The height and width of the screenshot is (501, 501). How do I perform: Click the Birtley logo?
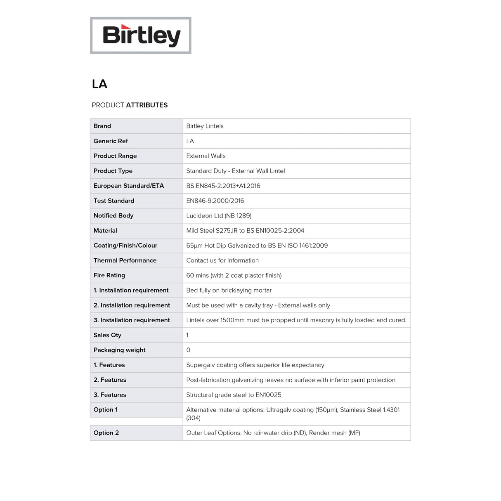point(141,35)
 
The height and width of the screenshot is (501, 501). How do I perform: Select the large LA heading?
point(99,84)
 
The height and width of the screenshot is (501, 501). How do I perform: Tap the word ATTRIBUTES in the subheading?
point(147,105)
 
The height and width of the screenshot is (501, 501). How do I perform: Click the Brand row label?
point(102,126)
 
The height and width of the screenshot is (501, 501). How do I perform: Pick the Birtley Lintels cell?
point(205,126)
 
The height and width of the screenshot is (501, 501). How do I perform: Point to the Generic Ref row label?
point(111,141)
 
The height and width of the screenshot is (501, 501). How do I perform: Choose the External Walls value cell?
point(206,156)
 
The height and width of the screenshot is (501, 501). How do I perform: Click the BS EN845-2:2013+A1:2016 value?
point(223,186)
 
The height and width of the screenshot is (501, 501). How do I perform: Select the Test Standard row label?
point(114,201)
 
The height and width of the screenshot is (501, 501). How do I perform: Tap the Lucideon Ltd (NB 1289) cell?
point(219,215)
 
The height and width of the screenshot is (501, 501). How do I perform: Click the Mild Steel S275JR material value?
point(245,231)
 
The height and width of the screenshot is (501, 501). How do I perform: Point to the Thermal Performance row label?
point(125,260)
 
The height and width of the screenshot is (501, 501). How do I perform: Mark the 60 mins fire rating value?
point(234,275)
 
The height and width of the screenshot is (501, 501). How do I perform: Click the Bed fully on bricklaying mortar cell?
point(229,290)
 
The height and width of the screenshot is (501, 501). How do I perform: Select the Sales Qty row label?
point(107,335)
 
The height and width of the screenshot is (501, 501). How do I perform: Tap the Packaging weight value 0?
point(188,350)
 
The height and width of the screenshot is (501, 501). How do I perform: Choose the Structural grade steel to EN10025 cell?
point(234,395)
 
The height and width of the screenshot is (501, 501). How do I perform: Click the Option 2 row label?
point(106,433)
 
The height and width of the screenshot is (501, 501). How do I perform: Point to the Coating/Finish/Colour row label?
point(125,246)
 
